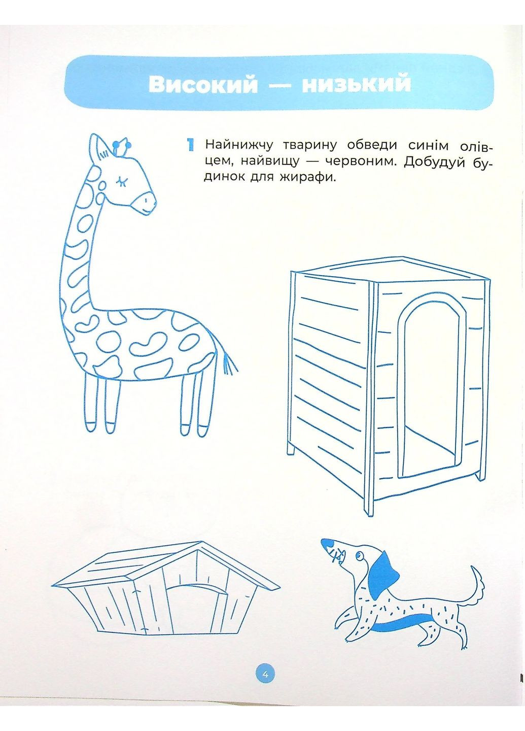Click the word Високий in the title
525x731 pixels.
point(203,84)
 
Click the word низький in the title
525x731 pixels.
point(356,84)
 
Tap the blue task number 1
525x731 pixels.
point(191,145)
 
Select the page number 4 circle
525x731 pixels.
point(265,674)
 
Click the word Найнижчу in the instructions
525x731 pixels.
point(239,145)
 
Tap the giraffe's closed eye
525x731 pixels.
point(122,181)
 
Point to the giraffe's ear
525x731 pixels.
point(100,148)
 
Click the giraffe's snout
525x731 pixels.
point(145,203)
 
